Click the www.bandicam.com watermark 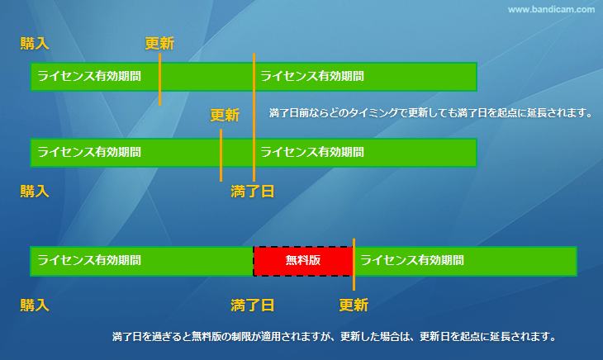coord(551,10)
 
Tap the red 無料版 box coord(303,261)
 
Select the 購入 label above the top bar coord(35,44)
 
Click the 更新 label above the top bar coord(159,44)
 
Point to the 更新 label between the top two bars coord(225,115)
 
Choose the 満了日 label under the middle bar coord(252,191)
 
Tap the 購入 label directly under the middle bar coord(35,191)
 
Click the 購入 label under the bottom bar coord(35,306)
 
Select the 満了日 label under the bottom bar coord(252,306)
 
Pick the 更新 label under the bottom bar coord(354,306)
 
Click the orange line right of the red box coord(354,264)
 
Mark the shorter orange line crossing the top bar coord(160,79)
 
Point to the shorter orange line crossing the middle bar coord(221,155)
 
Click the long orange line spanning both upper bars coord(254,117)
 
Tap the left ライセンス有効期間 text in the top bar coord(89,76)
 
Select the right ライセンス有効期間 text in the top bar coord(312,76)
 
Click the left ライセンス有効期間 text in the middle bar coord(89,152)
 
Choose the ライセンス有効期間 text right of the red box coord(412,260)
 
